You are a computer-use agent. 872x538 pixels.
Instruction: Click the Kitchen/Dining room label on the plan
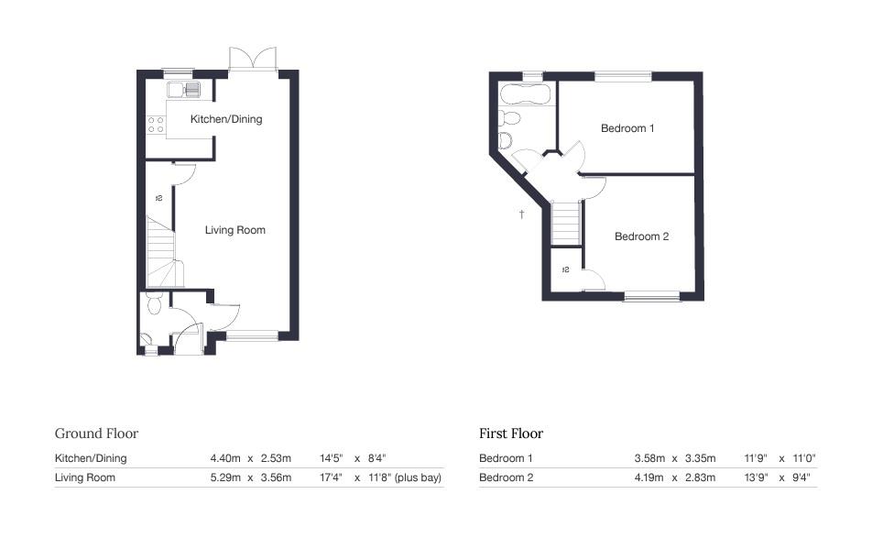tap(225, 119)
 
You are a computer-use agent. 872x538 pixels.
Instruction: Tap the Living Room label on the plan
tap(234, 230)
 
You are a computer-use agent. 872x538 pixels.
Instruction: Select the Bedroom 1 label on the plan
tap(627, 128)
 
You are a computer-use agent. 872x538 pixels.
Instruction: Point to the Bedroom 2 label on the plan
tap(641, 236)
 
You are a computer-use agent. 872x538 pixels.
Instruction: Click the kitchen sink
tap(191, 89)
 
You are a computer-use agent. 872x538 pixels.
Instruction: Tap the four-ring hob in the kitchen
tap(156, 125)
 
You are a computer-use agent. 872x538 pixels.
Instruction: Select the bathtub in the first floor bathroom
tap(523, 93)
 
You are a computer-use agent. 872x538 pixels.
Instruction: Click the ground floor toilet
tap(153, 303)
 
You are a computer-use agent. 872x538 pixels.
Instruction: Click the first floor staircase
tap(566, 223)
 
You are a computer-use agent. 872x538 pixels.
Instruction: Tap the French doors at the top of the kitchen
tap(252, 58)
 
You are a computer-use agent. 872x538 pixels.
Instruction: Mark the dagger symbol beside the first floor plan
tap(521, 214)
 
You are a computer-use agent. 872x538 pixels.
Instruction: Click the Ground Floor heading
tap(96, 434)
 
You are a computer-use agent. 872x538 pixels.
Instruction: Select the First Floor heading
tap(511, 434)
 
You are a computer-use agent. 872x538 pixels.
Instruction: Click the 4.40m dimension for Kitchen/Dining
tap(225, 458)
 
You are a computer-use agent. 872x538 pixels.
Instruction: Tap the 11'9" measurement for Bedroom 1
tap(747, 458)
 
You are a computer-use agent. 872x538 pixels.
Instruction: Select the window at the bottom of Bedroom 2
tap(652, 296)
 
